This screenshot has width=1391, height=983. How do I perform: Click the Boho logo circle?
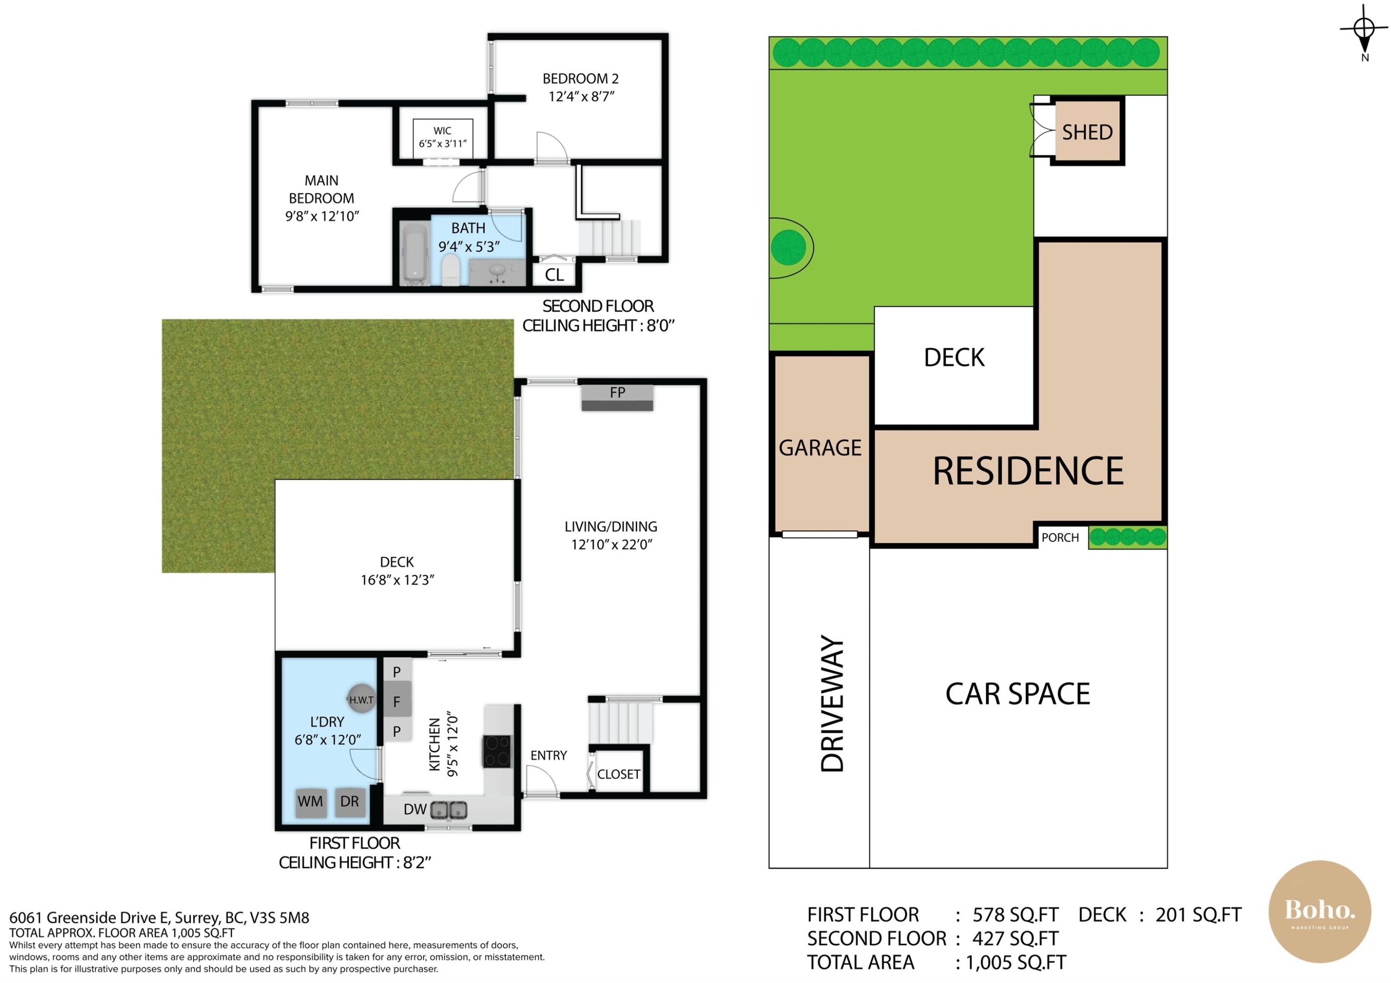1320,911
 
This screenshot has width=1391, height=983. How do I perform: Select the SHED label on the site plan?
1087,132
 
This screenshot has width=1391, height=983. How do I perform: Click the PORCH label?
1060,538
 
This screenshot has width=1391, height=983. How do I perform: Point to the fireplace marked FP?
617,398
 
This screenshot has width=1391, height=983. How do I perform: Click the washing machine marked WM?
311,803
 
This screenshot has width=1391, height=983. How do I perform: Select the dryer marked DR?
350,803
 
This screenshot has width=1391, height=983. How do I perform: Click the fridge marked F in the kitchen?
397,702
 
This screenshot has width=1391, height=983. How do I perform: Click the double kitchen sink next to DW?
449,810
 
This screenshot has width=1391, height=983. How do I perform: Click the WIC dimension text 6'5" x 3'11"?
443,144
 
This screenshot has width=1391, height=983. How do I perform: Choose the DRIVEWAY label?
832,703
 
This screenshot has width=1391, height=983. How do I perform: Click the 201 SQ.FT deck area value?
1198,914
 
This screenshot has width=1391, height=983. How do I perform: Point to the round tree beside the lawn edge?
789,247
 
